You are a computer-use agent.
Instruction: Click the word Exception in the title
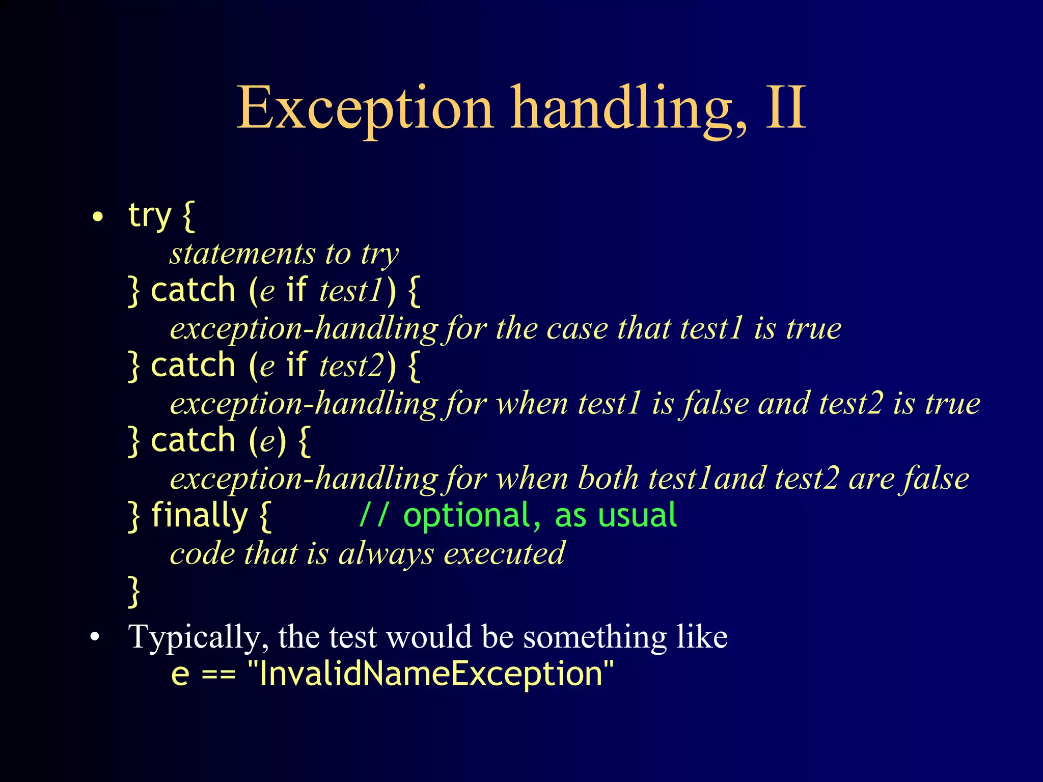point(365,108)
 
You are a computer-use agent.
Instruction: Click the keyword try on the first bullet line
point(149,216)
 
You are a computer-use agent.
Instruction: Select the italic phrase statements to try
point(284,254)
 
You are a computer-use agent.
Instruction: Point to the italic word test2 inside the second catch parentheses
point(350,366)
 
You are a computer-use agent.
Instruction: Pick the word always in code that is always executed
point(386,553)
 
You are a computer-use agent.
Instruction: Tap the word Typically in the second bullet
point(198,637)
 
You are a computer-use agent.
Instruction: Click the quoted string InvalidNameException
point(431,674)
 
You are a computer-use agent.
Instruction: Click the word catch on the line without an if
point(193,440)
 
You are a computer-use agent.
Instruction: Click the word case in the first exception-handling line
point(577,328)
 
